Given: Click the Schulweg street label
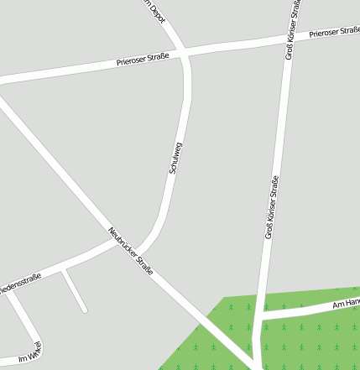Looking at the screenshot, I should point(175,158).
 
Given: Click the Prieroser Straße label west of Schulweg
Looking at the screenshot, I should point(143,60).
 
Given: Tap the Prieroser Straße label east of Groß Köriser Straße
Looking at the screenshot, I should point(333,33).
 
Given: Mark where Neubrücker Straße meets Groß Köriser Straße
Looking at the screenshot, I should point(254,364).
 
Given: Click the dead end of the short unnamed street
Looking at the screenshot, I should point(85,310).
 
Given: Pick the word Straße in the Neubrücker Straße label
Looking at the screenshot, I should point(142,266).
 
